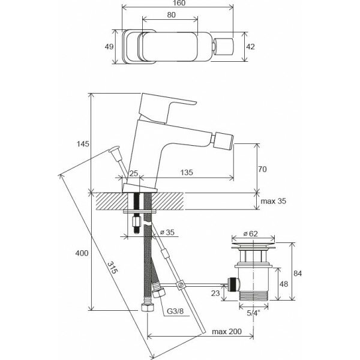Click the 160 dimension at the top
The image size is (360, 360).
click(x=178, y=4)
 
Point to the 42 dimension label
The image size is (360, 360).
click(x=251, y=46)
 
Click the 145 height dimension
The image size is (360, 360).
click(x=83, y=143)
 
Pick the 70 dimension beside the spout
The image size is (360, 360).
click(x=262, y=169)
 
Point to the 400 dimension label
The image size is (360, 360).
click(x=83, y=254)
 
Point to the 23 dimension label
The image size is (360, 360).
click(x=215, y=293)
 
